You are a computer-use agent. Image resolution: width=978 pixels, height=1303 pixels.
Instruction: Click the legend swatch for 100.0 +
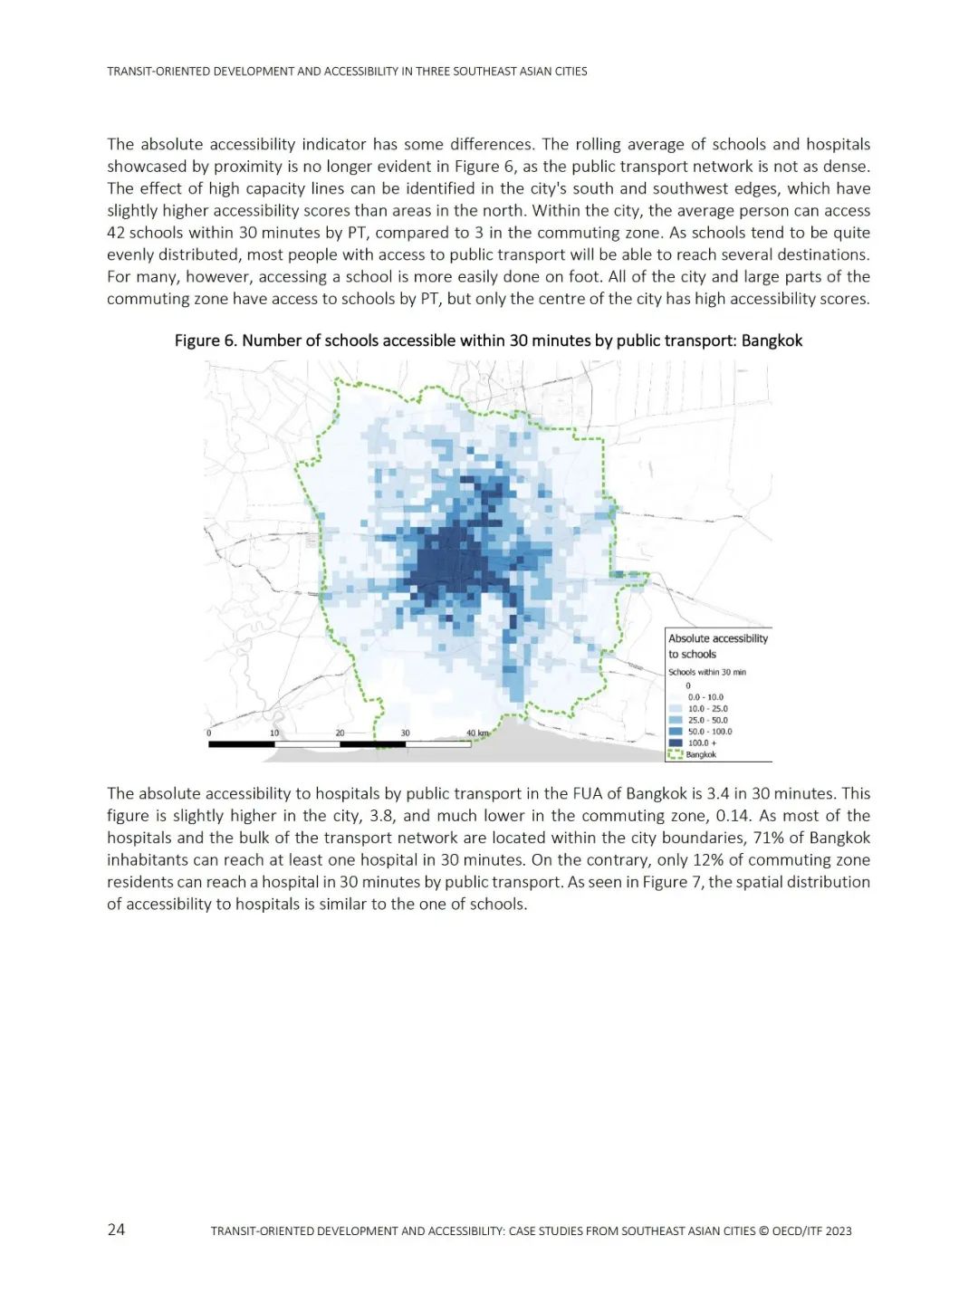click(x=675, y=743)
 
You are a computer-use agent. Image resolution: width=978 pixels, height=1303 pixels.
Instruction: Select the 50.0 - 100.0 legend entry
click(x=710, y=732)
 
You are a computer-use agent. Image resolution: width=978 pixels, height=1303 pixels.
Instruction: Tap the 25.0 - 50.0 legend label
click(x=707, y=720)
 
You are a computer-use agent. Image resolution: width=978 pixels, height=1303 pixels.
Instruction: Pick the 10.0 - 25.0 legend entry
click(x=707, y=709)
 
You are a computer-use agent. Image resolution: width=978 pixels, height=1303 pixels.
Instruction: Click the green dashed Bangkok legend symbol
click(x=675, y=754)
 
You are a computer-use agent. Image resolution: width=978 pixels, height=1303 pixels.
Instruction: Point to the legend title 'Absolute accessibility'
click(x=718, y=638)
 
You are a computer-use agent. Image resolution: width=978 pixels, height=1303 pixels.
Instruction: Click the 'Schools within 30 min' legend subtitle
click(x=707, y=672)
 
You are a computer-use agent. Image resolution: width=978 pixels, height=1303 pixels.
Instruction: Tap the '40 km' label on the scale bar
click(x=477, y=733)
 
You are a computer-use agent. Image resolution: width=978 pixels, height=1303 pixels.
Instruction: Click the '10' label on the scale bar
click(x=274, y=733)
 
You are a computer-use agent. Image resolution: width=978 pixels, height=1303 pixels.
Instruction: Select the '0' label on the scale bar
click(x=209, y=733)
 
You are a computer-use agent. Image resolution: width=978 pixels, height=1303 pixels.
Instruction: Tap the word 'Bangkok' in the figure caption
click(x=772, y=340)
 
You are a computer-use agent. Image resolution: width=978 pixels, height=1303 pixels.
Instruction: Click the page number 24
click(x=116, y=1229)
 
